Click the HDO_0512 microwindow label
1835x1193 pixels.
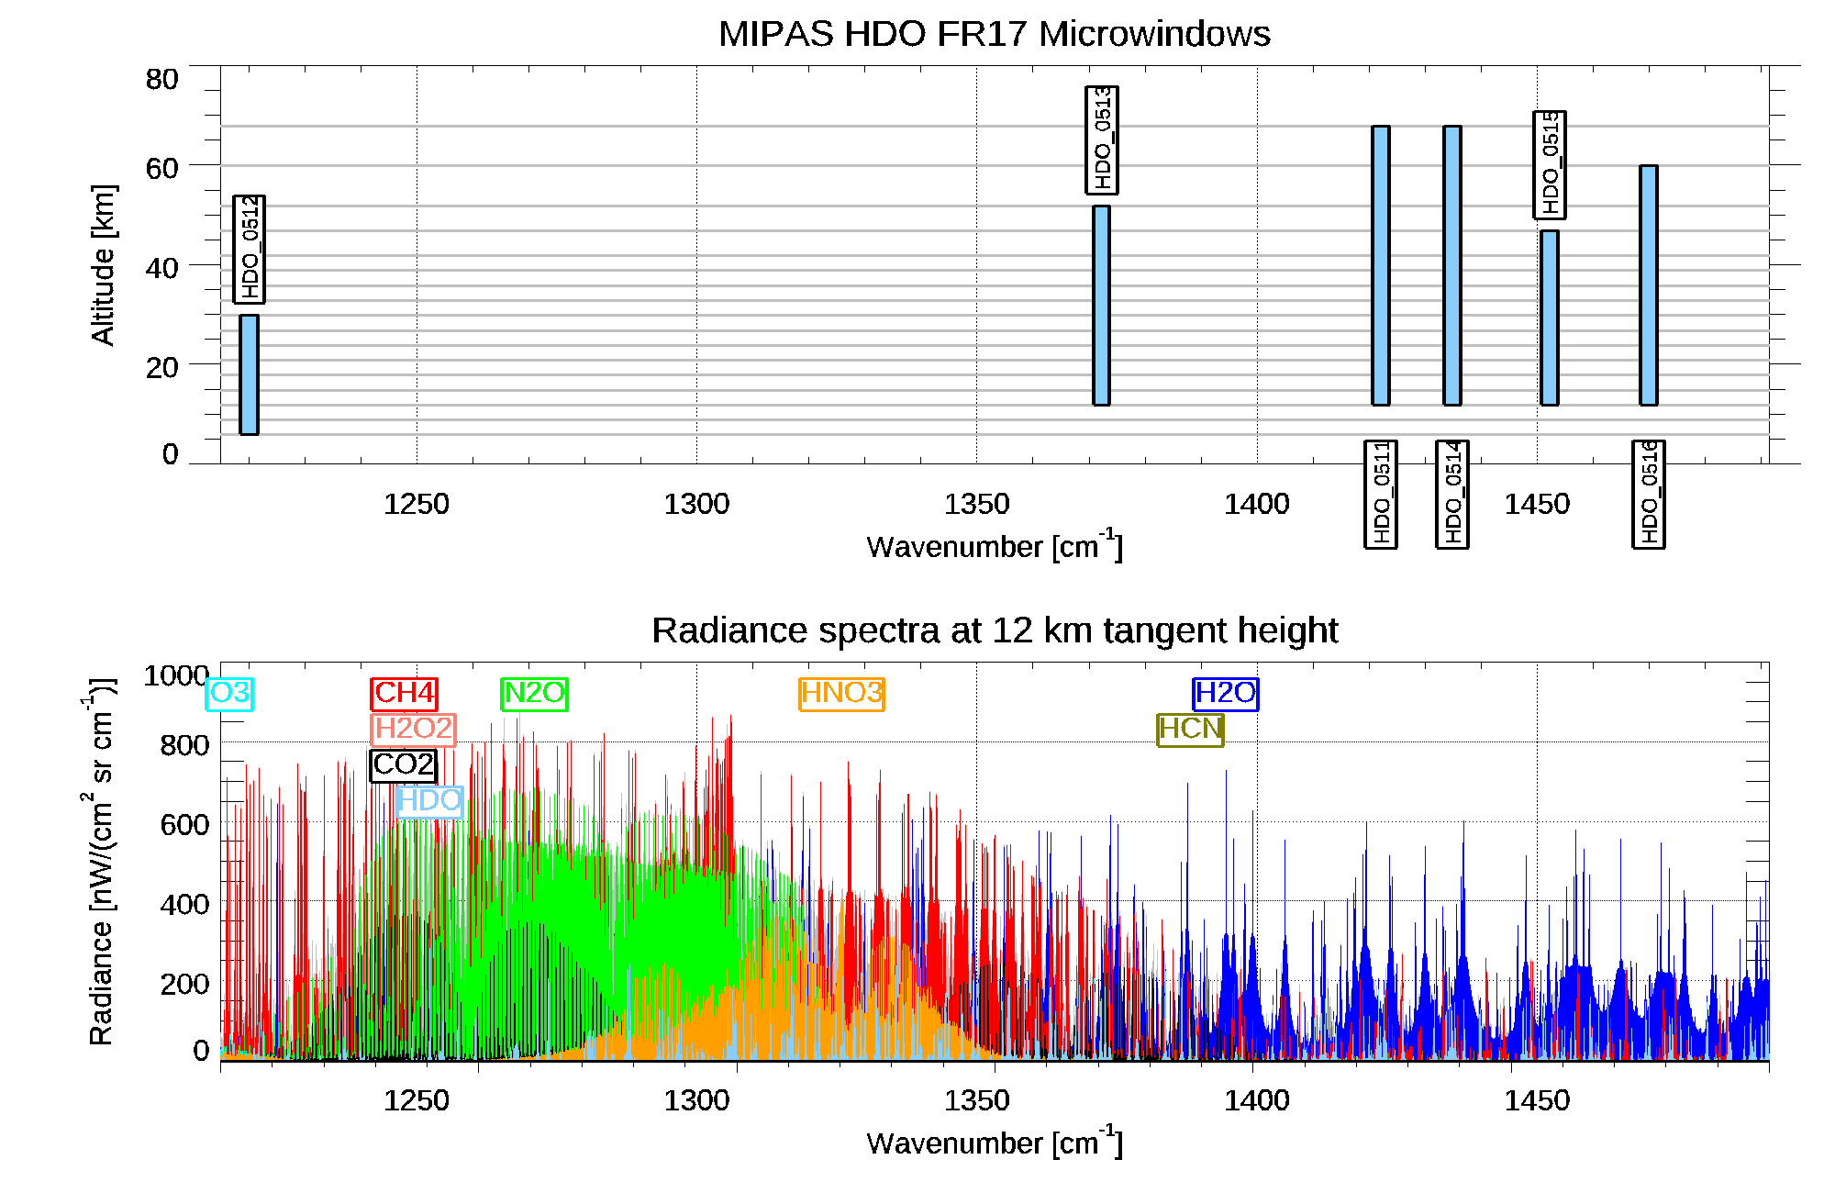(249, 250)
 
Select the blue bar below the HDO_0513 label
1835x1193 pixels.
(1101, 305)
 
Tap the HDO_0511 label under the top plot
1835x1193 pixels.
(1381, 494)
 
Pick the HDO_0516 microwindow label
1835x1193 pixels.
(1649, 494)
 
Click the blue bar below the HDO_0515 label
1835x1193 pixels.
(1549, 318)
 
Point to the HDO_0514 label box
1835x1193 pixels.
(1452, 494)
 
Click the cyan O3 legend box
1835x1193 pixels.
(229, 693)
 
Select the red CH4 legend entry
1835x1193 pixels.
(404, 693)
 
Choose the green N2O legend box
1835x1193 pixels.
(534, 693)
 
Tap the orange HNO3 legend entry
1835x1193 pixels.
(841, 693)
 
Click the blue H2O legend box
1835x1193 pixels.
(1225, 693)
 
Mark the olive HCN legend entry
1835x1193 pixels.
(1190, 729)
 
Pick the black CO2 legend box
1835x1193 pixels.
(403, 764)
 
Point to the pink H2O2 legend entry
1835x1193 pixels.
(414, 729)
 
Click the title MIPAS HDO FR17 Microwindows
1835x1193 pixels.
(994, 34)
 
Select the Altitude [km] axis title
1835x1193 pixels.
(103, 264)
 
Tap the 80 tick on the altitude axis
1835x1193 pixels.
(161, 80)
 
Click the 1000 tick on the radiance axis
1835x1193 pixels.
(176, 675)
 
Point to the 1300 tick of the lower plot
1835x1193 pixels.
(696, 1100)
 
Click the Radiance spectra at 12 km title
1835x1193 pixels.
(994, 630)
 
